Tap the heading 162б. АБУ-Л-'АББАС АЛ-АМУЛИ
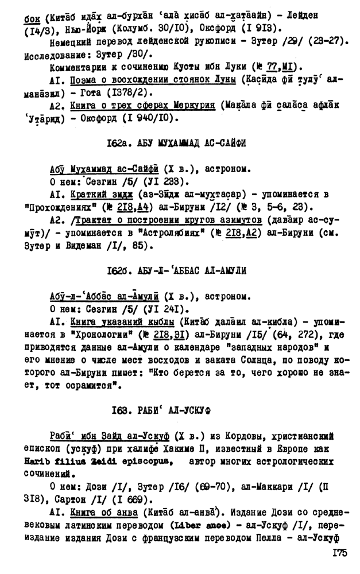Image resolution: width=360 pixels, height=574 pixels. [x=176, y=271]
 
